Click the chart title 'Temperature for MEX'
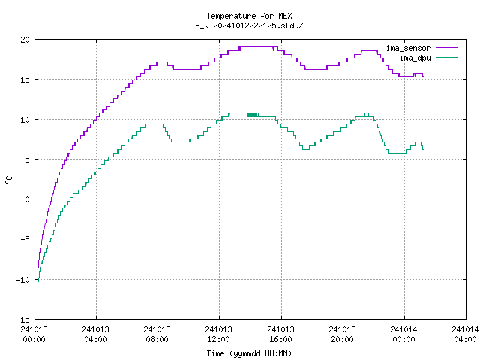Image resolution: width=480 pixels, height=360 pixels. click(249, 16)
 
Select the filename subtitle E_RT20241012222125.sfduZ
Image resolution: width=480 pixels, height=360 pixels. click(249, 25)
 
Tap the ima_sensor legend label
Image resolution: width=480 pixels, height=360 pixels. click(408, 48)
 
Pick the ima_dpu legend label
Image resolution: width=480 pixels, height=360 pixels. click(415, 58)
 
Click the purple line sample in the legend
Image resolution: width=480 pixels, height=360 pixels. click(446, 48)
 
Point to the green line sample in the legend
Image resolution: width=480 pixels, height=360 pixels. click(446, 57)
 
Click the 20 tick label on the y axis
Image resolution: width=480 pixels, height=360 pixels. click(25, 40)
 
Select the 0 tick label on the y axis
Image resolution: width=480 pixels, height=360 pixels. click(27, 199)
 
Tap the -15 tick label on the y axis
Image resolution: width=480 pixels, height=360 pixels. click(23, 319)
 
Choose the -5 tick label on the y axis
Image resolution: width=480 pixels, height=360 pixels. click(25, 239)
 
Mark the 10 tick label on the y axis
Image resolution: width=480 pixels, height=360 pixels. click(25, 120)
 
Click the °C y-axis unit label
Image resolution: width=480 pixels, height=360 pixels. click(8, 180)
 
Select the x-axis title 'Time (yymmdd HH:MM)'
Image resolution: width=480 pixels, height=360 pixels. click(249, 353)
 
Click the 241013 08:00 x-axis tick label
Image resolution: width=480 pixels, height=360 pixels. click(157, 334)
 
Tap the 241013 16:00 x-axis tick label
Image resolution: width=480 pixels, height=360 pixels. click(280, 334)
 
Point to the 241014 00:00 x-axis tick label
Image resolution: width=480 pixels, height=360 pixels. click(403, 334)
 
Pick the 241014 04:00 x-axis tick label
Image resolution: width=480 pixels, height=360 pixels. click(465, 334)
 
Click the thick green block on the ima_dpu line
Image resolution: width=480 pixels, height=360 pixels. click(252, 115)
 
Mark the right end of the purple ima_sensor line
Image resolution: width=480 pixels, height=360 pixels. click(423, 76)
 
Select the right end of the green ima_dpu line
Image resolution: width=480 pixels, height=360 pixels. click(423, 149)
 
